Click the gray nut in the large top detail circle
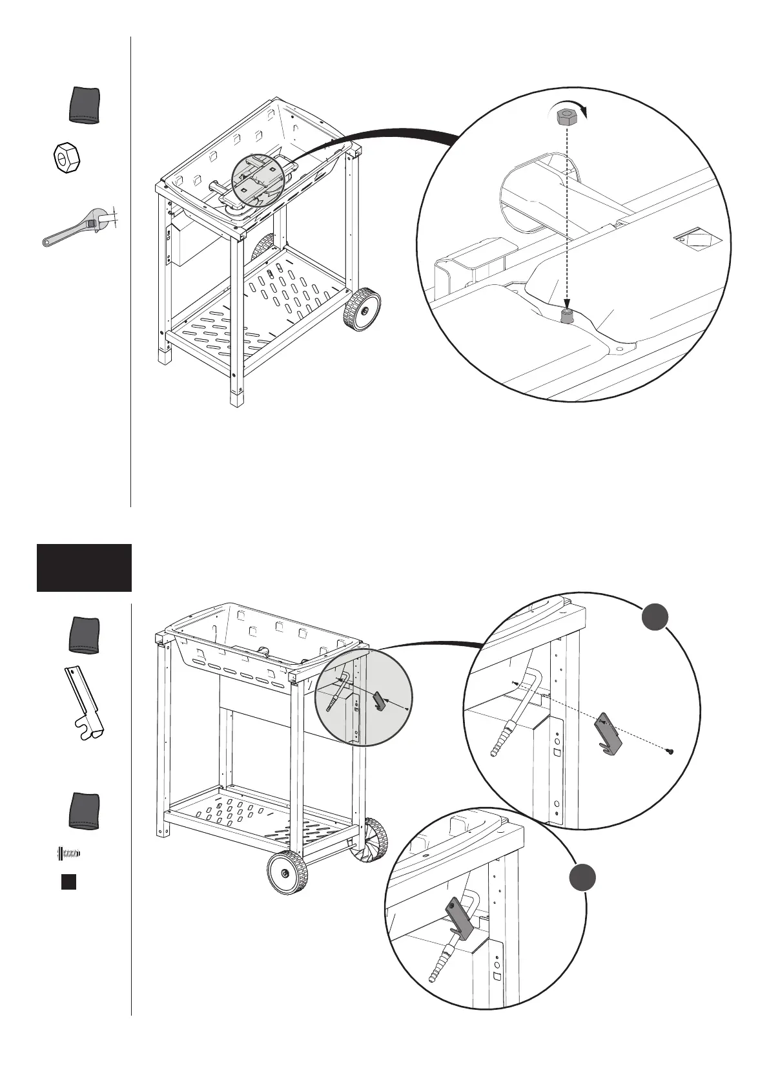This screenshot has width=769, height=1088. point(566,117)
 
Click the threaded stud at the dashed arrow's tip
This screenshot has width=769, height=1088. point(566,316)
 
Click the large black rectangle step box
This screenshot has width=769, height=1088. point(84,567)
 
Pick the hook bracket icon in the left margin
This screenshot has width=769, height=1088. point(87,704)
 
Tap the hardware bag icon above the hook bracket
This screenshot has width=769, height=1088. point(85,635)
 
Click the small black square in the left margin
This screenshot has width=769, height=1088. point(68,882)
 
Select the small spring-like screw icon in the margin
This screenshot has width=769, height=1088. point(68,853)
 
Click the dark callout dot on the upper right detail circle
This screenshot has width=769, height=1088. point(655,617)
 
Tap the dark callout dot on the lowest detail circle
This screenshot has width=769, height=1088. point(582,879)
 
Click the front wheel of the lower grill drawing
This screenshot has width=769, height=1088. point(287,872)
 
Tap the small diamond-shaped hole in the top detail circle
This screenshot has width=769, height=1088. point(690,240)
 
